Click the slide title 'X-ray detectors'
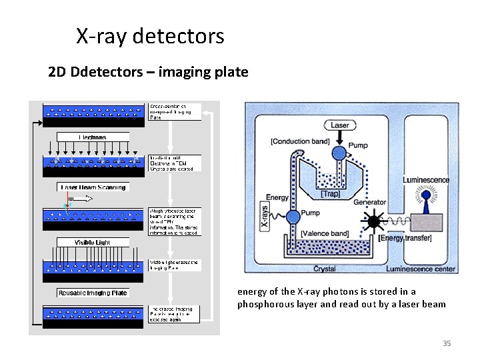150,36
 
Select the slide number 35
447,343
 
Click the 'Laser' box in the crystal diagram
339,125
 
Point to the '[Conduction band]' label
300,141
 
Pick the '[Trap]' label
331,193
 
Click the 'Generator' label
369,202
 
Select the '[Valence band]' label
325,233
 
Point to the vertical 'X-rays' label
263,216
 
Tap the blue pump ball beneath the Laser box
339,153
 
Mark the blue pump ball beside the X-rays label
292,216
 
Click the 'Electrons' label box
93,137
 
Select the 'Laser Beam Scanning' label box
93,187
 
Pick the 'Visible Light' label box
93,242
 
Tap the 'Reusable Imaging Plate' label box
93,293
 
